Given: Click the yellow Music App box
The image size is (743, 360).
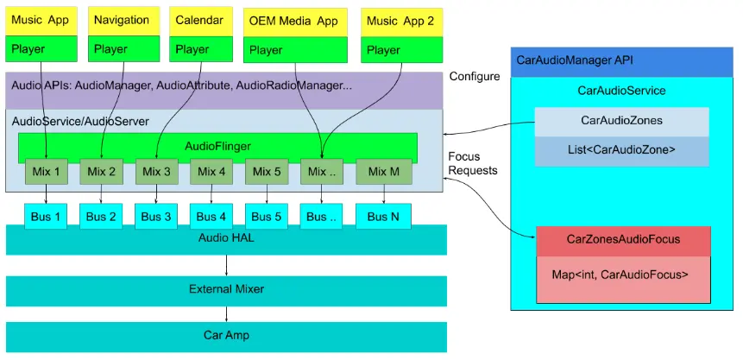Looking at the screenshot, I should [x=41, y=21].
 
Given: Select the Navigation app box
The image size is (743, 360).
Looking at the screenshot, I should [x=122, y=21].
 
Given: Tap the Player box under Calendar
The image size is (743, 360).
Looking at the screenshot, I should [x=202, y=49].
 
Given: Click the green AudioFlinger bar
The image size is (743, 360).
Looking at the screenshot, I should [x=218, y=146].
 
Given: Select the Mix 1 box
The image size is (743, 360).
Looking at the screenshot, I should [x=46, y=172].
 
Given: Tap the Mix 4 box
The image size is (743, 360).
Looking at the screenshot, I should [x=211, y=172].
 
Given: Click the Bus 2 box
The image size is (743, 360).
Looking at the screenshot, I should [x=101, y=216].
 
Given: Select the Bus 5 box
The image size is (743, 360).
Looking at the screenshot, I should [x=267, y=216].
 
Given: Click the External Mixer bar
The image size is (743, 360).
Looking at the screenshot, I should [x=226, y=289].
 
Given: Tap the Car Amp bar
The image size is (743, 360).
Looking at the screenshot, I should [x=226, y=334].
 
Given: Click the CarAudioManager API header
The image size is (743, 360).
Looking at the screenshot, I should [x=621, y=60].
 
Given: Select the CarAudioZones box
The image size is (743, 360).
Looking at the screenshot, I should [x=621, y=121].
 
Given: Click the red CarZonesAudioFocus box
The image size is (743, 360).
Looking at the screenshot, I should [x=623, y=240].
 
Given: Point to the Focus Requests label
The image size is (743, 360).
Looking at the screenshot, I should [x=473, y=163].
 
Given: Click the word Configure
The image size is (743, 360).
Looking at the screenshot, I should [x=474, y=77].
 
